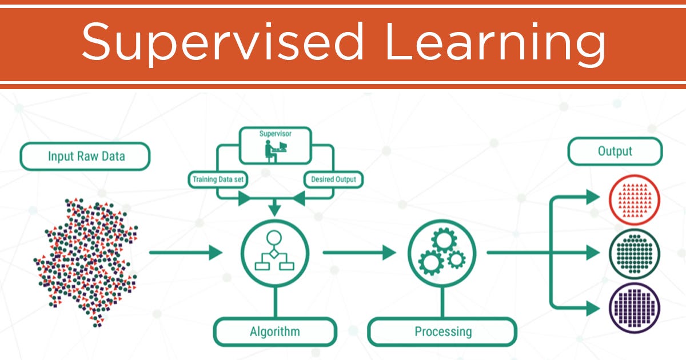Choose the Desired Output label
333,179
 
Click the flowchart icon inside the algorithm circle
275,252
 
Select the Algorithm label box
274,331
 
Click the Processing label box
443,331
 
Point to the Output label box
615,151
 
